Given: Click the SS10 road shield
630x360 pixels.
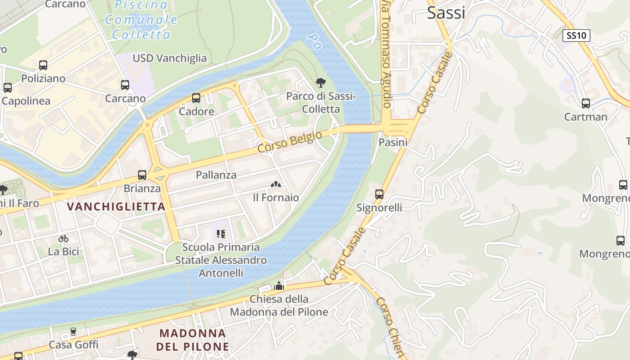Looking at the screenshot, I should pos(576,36).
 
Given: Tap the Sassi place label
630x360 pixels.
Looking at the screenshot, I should pos(446,13).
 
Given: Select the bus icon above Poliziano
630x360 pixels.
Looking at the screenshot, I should pos(43,65).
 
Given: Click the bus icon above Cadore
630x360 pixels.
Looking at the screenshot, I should pos(196,98).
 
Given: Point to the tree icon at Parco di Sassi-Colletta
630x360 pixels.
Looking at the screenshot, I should pos(321,82).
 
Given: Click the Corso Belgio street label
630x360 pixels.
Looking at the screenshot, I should pos(290,141).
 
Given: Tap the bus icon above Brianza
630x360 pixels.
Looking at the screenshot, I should pos(142,175).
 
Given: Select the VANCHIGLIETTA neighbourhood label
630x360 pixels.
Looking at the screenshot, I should pos(116,207).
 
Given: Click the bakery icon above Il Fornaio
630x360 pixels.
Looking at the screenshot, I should pos(276,184).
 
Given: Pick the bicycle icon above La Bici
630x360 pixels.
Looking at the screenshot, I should pos(63,238).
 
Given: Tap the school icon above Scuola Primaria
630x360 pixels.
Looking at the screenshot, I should pos(220,234).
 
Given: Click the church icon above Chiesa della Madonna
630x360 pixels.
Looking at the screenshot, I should pos(279,286).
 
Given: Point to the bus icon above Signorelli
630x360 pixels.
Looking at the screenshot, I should pos(379,194).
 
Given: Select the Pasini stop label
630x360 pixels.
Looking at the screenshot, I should pos(393,143).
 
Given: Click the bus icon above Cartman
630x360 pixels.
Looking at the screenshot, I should pos(586,103).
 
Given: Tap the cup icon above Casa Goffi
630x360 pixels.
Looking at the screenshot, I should pos(73,332).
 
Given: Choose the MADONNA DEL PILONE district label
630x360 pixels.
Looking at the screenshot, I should pos(193,340).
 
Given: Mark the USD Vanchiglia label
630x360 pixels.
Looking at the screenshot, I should pos(170,58).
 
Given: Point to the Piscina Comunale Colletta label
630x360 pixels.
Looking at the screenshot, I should pos(140,20).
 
